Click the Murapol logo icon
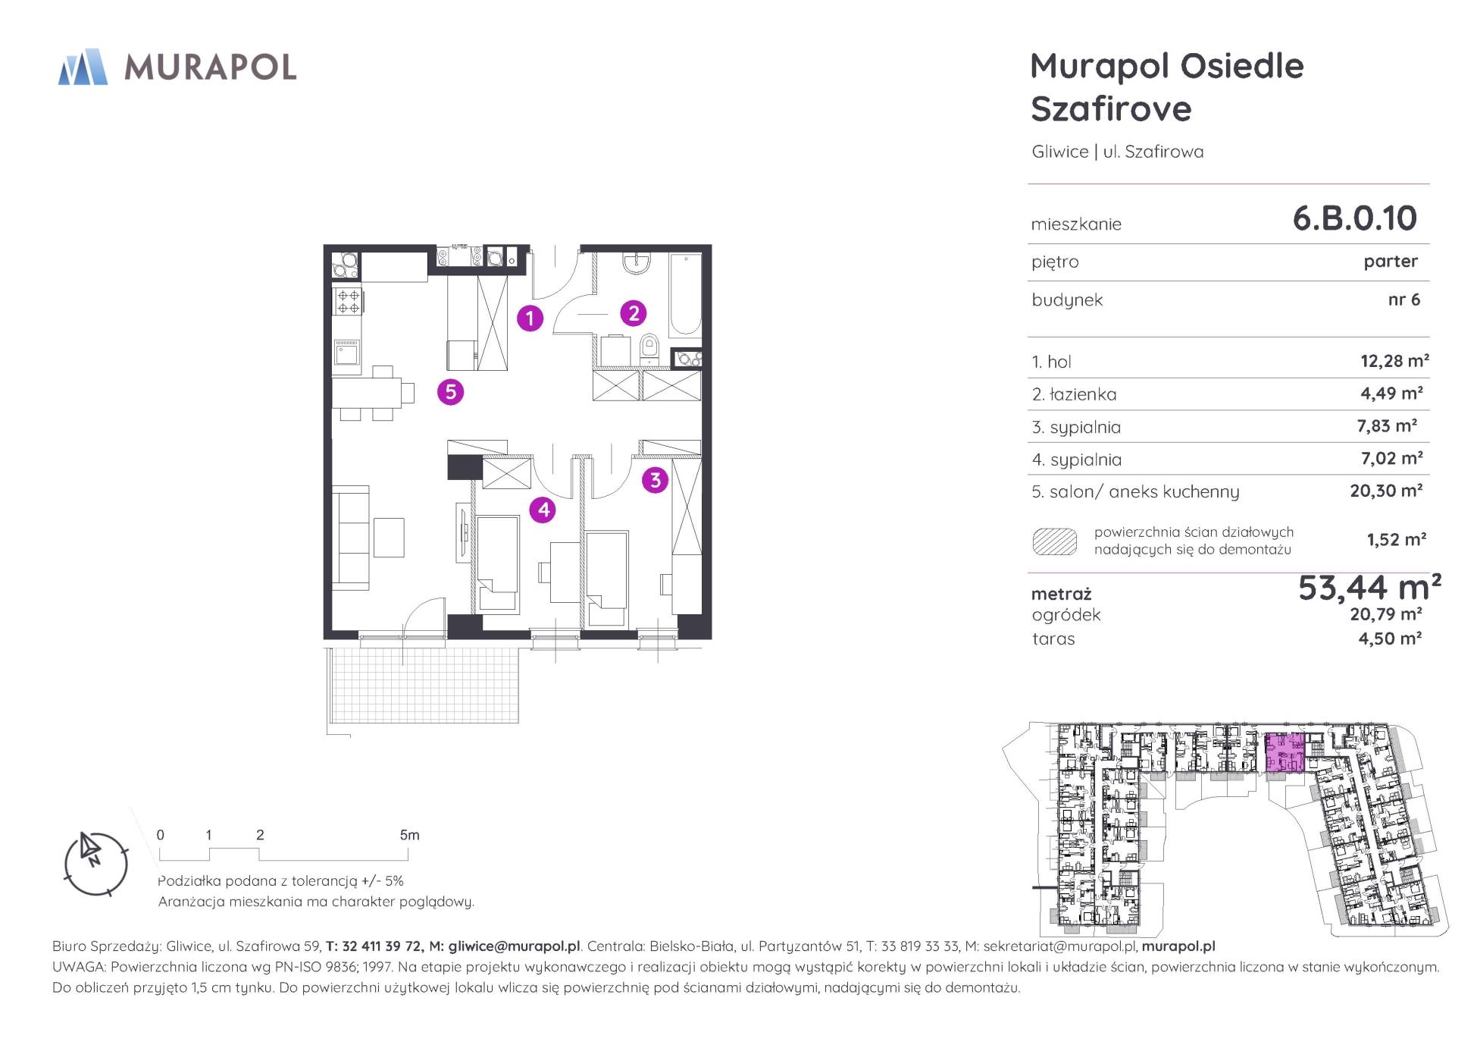(x=83, y=67)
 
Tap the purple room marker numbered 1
(x=530, y=318)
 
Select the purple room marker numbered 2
(x=634, y=312)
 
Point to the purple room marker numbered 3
(x=655, y=479)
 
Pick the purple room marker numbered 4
(x=543, y=510)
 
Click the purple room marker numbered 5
(x=451, y=391)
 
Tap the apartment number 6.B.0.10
(x=1354, y=218)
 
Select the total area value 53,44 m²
(x=1369, y=586)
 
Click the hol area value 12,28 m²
(x=1394, y=361)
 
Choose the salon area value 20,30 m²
(x=1386, y=491)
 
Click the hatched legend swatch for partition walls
(x=1055, y=541)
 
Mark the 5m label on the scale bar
(x=409, y=835)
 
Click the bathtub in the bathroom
(x=686, y=295)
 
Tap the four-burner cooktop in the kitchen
(x=349, y=302)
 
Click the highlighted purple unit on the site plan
(x=1285, y=753)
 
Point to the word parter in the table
(x=1391, y=262)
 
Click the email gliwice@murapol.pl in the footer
(x=515, y=946)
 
